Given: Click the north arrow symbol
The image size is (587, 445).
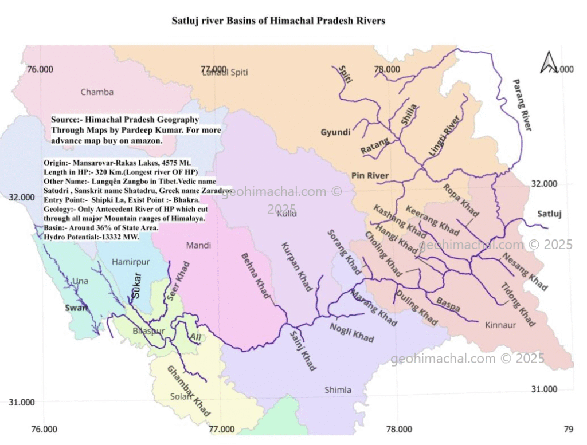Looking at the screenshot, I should pyautogui.click(x=549, y=62).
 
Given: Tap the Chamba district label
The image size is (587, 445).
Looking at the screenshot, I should pyautogui.click(x=97, y=92).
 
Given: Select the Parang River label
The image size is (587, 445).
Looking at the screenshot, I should pyautogui.click(x=522, y=105).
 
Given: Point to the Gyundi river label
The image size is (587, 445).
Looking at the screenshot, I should pyautogui.click(x=335, y=132).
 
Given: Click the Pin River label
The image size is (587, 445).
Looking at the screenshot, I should pyautogui.click(x=370, y=175).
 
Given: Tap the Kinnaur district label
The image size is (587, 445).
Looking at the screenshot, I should pyautogui.click(x=500, y=325).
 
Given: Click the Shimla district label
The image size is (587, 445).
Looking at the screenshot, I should pyautogui.click(x=338, y=390).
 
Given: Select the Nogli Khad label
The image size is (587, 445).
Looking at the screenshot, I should pyautogui.click(x=351, y=332).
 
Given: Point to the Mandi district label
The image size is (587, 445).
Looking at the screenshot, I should pyautogui.click(x=198, y=245).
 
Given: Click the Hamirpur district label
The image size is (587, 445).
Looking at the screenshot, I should pyautogui.click(x=131, y=262).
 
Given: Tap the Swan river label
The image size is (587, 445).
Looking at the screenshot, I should pyautogui.click(x=76, y=308).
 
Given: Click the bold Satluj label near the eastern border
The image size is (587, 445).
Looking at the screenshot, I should pyautogui.click(x=550, y=214).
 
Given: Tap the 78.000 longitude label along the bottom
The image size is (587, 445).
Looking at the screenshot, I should pyautogui.click(x=399, y=429).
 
